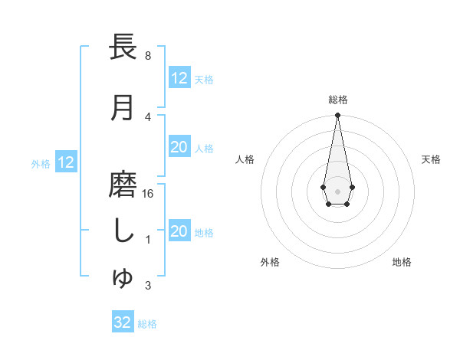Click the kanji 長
[x=123, y=47]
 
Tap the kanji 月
[x=123, y=108]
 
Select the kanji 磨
[x=123, y=185]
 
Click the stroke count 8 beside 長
[x=147, y=56]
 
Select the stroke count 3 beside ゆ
[x=147, y=286]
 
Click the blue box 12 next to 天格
[x=179, y=78]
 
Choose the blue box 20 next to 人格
[x=179, y=148]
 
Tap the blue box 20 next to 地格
[x=179, y=232]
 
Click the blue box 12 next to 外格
[x=66, y=162]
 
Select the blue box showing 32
[x=123, y=322]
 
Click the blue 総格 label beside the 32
[x=147, y=324]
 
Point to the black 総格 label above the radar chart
[x=337, y=100]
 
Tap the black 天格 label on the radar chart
[x=431, y=159]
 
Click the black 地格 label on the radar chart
[x=402, y=262]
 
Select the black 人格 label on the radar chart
[x=245, y=159]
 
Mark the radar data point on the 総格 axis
[x=337, y=116]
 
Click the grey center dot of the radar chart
[x=337, y=190]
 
